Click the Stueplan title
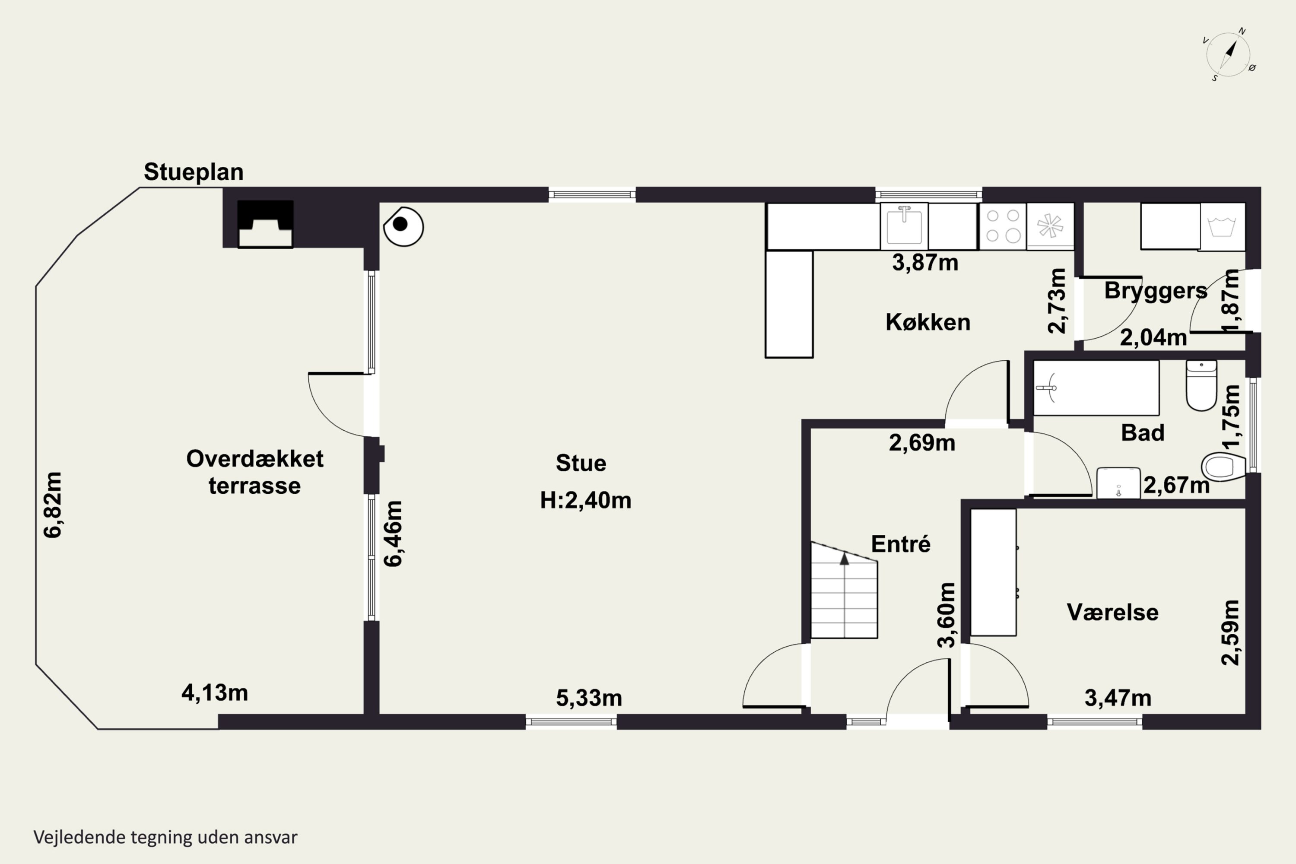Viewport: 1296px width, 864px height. (x=194, y=172)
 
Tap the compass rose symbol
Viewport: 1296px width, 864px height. (x=1229, y=54)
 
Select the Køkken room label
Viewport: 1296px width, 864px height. (x=928, y=322)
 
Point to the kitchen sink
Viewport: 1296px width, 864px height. (x=904, y=226)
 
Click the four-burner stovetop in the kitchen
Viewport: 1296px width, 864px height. (x=1003, y=226)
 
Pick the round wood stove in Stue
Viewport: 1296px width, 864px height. (x=403, y=226)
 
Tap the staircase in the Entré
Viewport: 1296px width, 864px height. (x=844, y=590)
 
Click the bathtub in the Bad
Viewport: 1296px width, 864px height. (x=1096, y=388)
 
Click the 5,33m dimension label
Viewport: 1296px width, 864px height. (x=589, y=698)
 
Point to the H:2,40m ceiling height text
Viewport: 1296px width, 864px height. (x=586, y=500)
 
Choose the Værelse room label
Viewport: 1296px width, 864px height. (x=1112, y=612)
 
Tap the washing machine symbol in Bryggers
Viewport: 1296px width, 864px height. (x=1222, y=226)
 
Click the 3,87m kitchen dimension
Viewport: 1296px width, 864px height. (x=925, y=262)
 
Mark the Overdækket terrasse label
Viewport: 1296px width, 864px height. (x=254, y=472)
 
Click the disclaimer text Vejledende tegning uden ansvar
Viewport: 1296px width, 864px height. (x=165, y=838)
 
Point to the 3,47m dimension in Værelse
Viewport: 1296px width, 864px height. (x=1118, y=698)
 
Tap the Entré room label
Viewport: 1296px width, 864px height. (x=901, y=544)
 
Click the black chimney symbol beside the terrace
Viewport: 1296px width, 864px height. (x=265, y=224)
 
